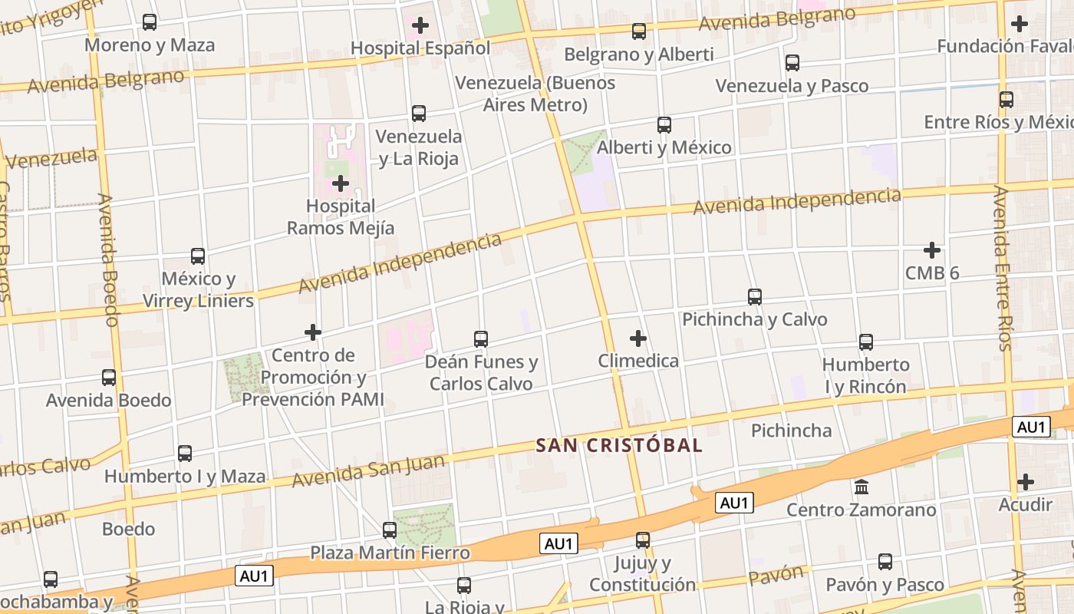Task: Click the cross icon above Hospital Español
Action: [420, 25]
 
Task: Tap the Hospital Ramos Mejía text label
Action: [341, 217]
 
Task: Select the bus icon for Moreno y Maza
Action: [150, 22]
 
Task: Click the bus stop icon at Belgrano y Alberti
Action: [638, 31]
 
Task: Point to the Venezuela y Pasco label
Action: [792, 85]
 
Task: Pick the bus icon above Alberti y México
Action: [664, 124]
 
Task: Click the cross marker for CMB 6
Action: [932, 250]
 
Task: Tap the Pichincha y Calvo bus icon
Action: [755, 297]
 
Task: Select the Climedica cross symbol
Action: [637, 338]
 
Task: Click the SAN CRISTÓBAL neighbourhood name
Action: [619, 445]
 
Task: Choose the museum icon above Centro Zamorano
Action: [861, 487]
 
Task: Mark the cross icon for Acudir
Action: [1026, 482]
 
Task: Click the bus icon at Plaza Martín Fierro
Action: [390, 530]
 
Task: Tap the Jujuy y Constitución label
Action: [643, 574]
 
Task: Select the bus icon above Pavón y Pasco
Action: [885, 562]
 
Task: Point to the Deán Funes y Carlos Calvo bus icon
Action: [481, 338]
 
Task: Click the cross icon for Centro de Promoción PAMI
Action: [313, 332]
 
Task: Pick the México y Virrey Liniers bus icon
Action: [198, 256]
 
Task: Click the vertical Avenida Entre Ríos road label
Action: [1003, 269]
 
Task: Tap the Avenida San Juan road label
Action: [369, 471]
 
